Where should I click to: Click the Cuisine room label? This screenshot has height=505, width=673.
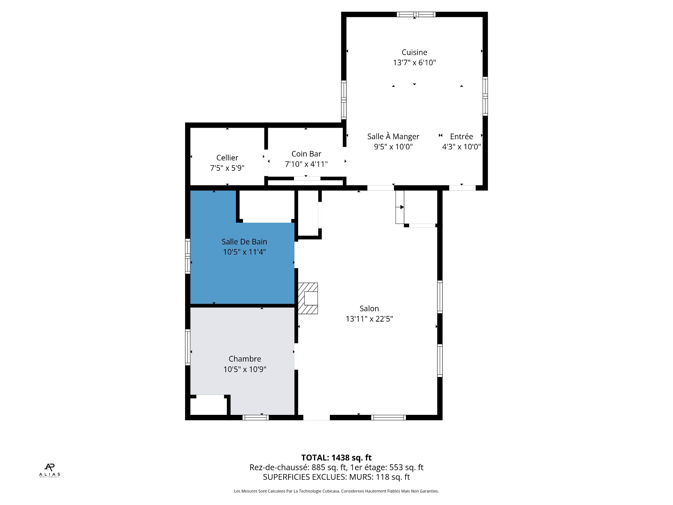pyautogui.click(x=414, y=52)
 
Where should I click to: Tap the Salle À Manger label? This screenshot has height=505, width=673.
pyautogui.click(x=393, y=136)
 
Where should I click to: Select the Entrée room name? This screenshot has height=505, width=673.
pyautogui.click(x=461, y=136)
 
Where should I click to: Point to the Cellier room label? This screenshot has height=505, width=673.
pyautogui.click(x=227, y=157)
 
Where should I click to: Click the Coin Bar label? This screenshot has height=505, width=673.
pyautogui.click(x=306, y=154)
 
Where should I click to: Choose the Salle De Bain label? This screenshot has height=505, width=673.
pyautogui.click(x=244, y=242)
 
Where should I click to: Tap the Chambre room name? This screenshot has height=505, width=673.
pyautogui.click(x=245, y=359)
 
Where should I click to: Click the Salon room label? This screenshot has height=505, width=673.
pyautogui.click(x=369, y=308)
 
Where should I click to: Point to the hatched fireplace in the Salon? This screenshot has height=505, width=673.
pyautogui.click(x=308, y=298)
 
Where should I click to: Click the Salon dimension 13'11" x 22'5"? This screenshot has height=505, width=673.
pyautogui.click(x=369, y=319)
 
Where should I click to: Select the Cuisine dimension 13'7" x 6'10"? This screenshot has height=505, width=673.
pyautogui.click(x=414, y=62)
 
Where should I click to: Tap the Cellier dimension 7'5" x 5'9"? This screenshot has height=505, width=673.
pyautogui.click(x=227, y=168)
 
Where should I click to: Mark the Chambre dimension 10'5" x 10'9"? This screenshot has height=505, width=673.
pyautogui.click(x=245, y=369)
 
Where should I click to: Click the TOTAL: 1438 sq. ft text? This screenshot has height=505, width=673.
pyautogui.click(x=336, y=458)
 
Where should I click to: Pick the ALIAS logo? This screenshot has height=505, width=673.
pyautogui.click(x=49, y=470)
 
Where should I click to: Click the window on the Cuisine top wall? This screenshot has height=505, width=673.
pyautogui.click(x=416, y=14)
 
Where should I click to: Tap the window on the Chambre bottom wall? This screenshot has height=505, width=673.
pyautogui.click(x=256, y=417)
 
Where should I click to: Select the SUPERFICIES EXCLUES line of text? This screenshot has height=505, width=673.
pyautogui.click(x=336, y=477)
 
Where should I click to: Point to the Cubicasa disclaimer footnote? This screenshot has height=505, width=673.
pyautogui.click(x=336, y=491)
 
